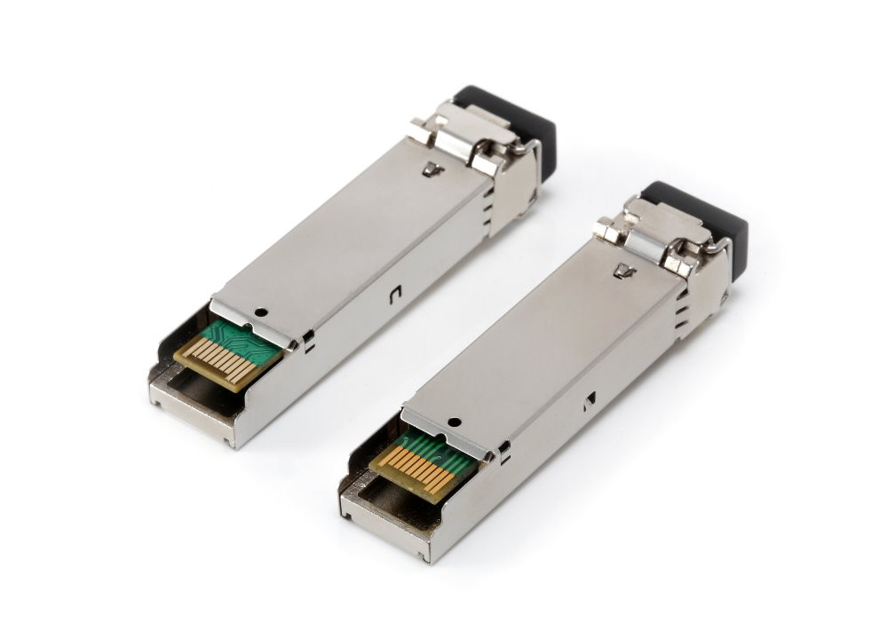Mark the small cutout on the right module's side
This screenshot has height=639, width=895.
coord(587,402)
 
